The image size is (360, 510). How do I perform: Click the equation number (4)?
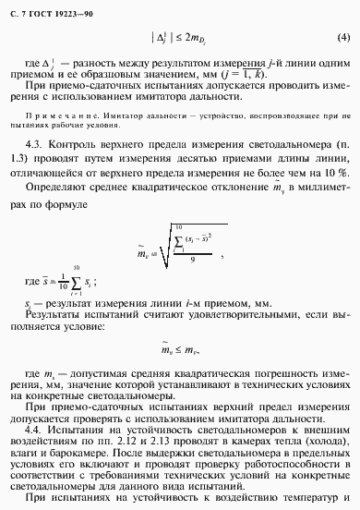coord(343,39)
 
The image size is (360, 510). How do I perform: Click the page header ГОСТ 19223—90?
coord(42,9)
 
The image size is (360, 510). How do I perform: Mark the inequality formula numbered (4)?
coord(181,39)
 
